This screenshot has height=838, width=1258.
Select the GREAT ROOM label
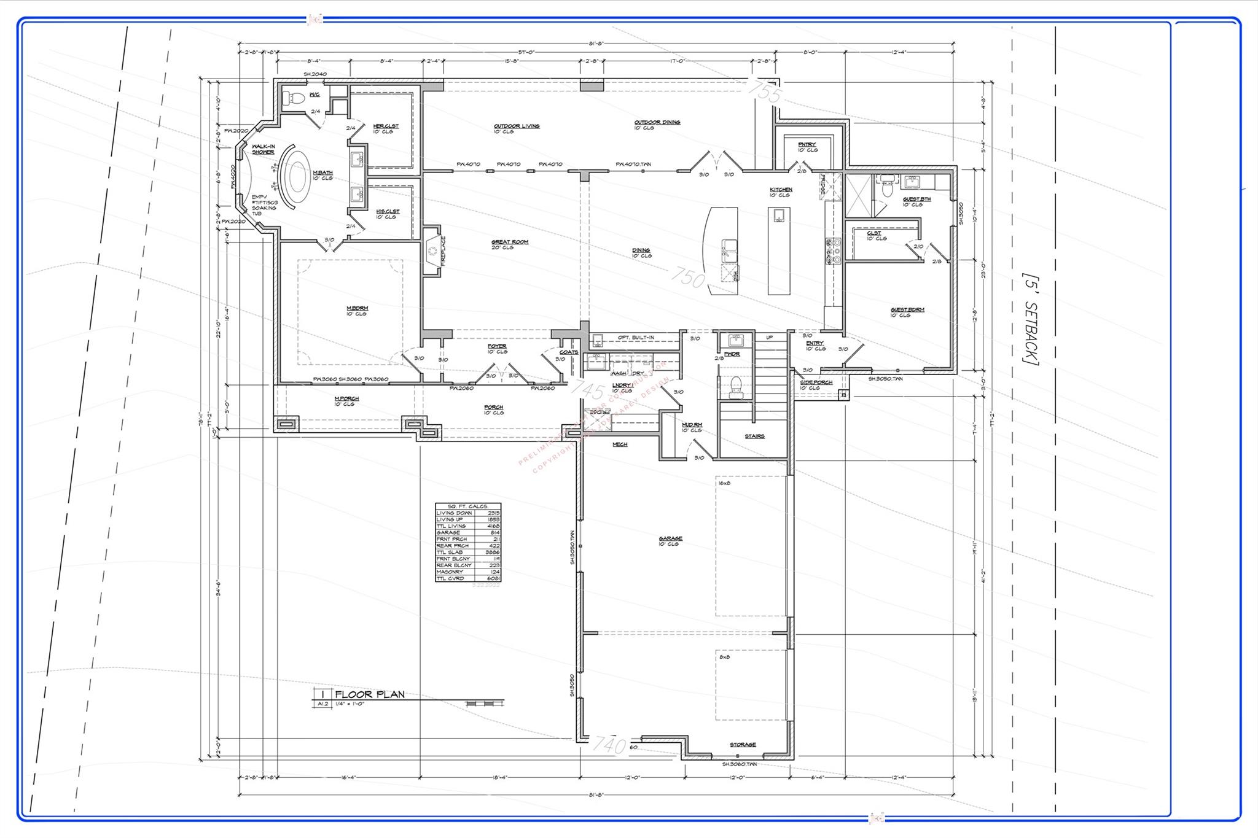(509, 242)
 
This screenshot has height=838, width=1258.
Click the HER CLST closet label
(386, 126)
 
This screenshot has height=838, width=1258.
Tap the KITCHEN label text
(781, 190)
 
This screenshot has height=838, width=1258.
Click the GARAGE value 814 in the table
(494, 532)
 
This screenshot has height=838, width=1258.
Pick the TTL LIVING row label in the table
(451, 526)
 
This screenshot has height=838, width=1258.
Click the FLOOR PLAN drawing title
(370, 694)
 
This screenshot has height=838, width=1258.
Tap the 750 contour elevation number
(688, 277)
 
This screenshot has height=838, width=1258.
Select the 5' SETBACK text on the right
(1030, 319)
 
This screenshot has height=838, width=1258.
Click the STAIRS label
(754, 436)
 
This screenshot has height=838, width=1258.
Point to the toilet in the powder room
(735, 385)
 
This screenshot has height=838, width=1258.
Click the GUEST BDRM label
(907, 310)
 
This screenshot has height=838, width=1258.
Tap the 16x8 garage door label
(724, 484)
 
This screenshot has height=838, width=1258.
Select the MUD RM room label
(692, 425)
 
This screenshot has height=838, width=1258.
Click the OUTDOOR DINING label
(657, 122)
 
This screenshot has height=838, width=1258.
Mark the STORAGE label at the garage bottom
(743, 745)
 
